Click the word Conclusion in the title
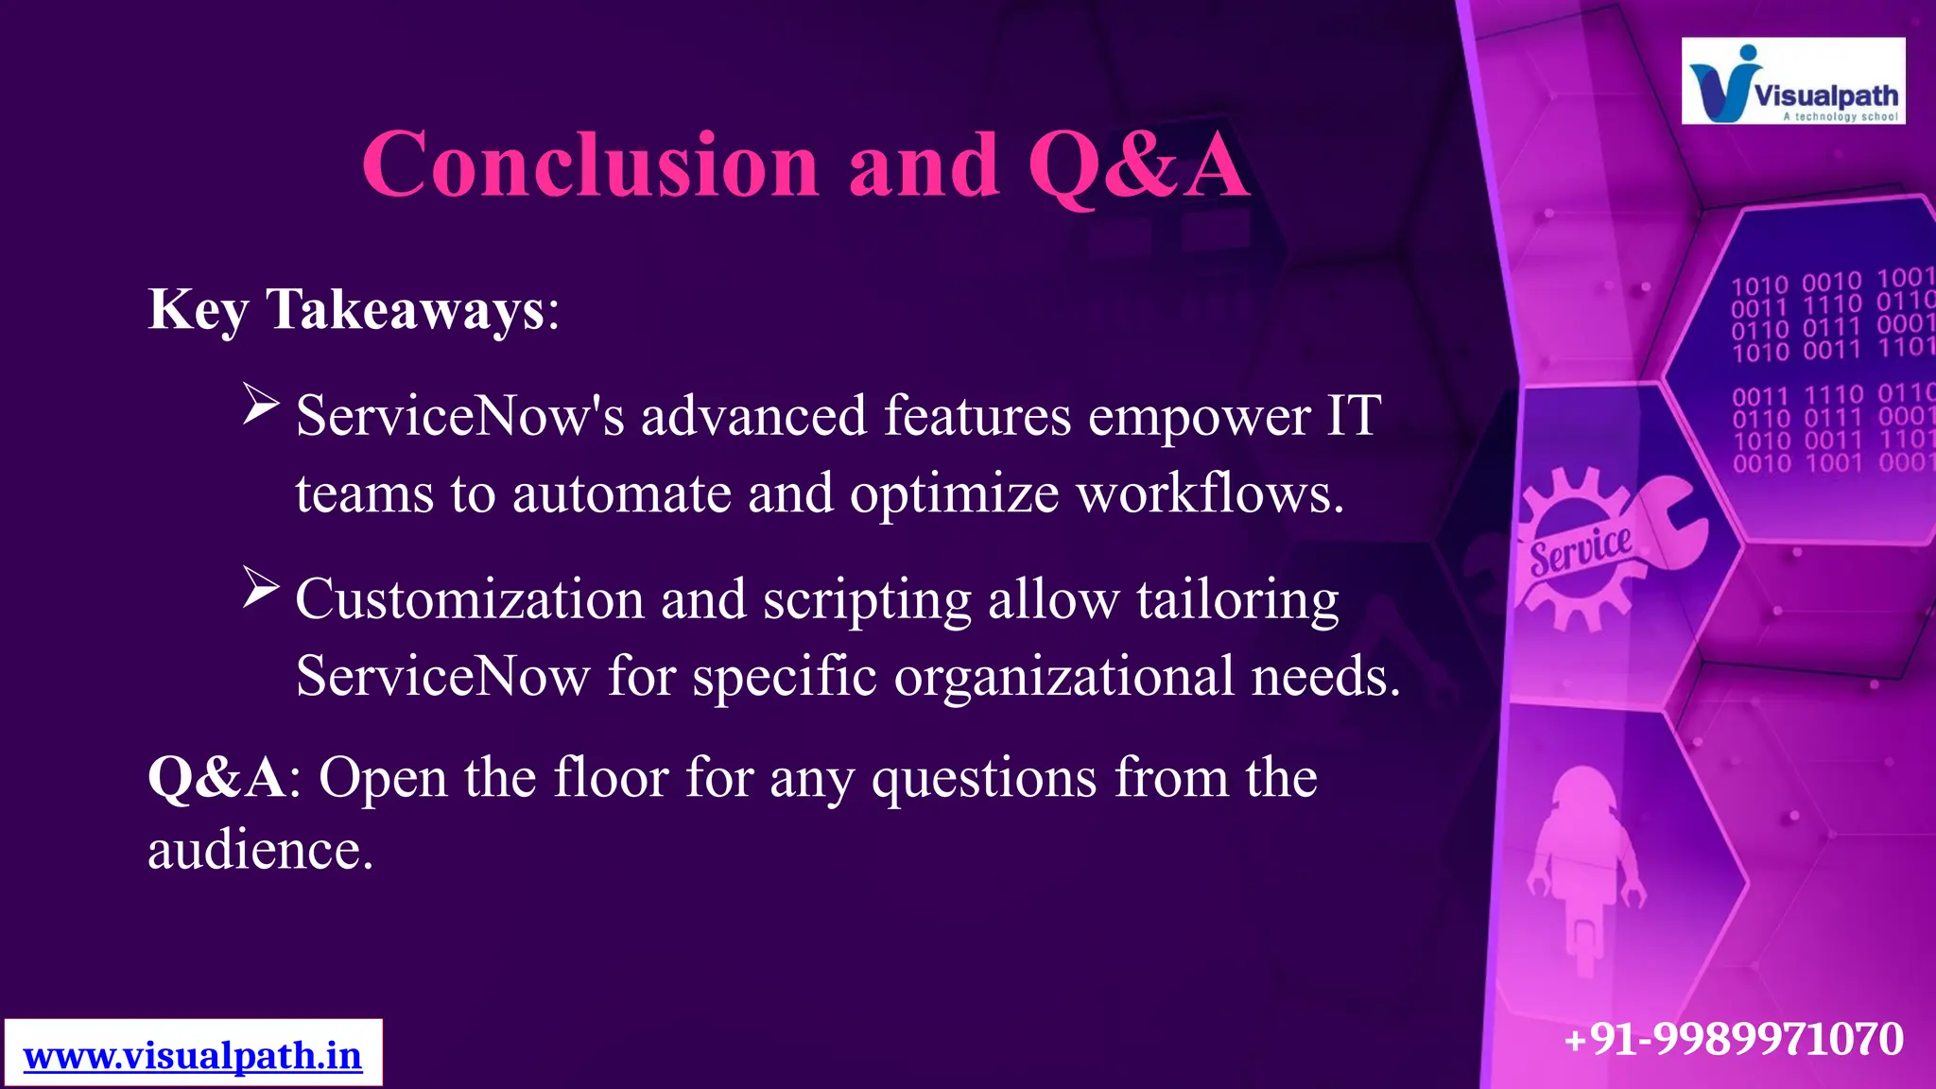coord(590,165)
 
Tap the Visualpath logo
coord(1792,81)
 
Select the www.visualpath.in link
coord(193,1055)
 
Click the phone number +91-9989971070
coord(1734,1038)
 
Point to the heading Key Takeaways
coord(354,309)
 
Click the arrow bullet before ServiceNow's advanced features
coord(260,404)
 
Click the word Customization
coord(470,599)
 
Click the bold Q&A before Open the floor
coord(216,778)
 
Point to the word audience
coord(260,850)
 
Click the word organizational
coord(1063,677)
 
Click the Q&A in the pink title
coord(1137,165)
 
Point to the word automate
coord(621,493)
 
